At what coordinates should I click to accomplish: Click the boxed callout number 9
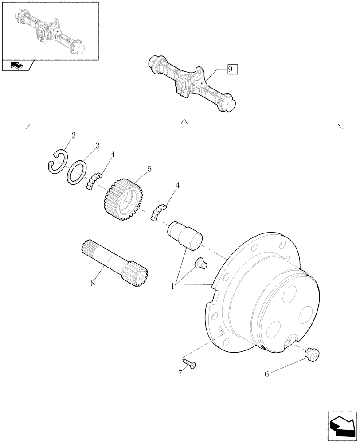point(232,70)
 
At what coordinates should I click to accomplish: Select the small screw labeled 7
point(190,364)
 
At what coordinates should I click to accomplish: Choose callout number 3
point(96,146)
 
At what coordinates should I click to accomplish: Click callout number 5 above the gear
point(149,169)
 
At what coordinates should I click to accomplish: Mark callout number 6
point(267,374)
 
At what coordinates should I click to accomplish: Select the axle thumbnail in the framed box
point(50,31)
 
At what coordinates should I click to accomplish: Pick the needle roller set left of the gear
point(94,181)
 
